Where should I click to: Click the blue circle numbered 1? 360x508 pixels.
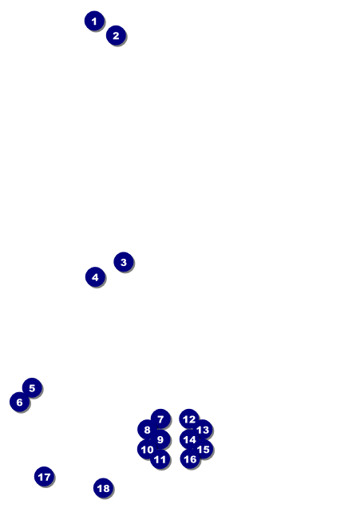(94, 21)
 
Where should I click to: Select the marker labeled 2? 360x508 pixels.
(116, 36)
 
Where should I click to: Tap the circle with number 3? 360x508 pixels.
(124, 262)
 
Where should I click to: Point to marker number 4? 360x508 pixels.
(95, 277)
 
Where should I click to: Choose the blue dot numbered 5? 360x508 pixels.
(32, 388)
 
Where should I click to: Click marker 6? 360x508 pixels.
(19, 402)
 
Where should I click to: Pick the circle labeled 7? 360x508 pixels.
(160, 419)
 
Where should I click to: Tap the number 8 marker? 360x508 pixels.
(147, 430)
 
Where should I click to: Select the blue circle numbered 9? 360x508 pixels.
(160, 439)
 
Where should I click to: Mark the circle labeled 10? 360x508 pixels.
(147, 450)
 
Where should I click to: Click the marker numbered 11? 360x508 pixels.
(160, 459)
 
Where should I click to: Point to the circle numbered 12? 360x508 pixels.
(189, 419)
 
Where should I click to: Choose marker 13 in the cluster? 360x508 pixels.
(203, 430)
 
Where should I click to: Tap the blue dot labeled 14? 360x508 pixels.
(189, 439)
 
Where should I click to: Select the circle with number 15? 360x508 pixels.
(203, 450)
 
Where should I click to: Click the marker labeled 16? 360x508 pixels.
(190, 458)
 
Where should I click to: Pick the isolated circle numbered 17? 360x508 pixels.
(44, 477)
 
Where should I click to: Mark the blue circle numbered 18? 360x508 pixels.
(103, 488)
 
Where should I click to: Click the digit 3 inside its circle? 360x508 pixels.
(124, 262)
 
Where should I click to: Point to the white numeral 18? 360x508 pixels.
(103, 488)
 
